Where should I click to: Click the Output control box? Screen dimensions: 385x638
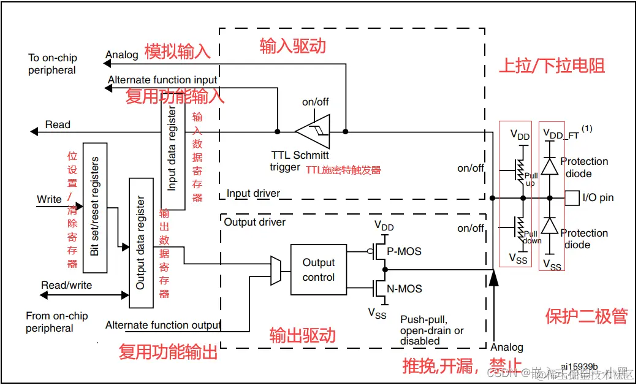[318, 270]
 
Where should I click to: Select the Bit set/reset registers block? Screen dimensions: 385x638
[94, 208]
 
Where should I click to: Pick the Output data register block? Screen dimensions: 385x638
[141, 243]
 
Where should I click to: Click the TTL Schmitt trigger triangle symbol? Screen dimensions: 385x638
[313, 131]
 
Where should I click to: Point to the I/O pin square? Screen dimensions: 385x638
[571, 197]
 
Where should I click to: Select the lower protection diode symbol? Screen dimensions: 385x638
[550, 226]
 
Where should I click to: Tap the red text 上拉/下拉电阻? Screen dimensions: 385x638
[552, 66]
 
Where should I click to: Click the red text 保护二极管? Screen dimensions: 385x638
[586, 316]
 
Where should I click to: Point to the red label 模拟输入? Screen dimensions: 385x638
[177, 51]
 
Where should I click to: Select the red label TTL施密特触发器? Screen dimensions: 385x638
[343, 170]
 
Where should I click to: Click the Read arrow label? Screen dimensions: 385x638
[58, 124]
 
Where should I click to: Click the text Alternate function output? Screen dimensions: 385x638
[163, 325]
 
